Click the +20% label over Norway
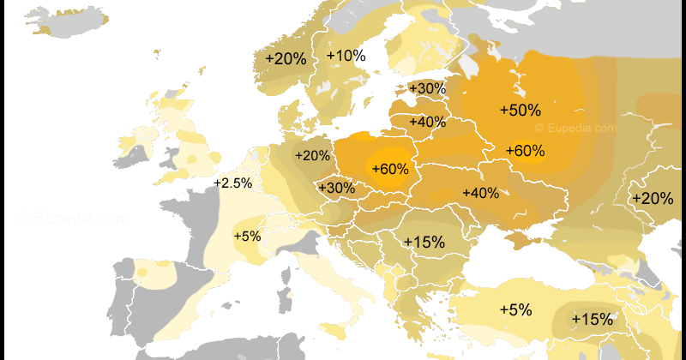tap(286, 58)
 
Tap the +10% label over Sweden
tap(346, 56)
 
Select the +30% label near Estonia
tap(427, 88)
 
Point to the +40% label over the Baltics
tap(427, 122)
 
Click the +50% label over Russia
tap(520, 110)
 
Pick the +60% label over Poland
tap(389, 169)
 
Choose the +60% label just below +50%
tap(525, 151)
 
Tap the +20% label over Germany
tap(312, 156)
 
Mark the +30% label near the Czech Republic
tap(336, 188)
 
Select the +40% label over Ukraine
tap(480, 193)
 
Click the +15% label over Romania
tap(424, 242)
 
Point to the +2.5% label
tap(232, 183)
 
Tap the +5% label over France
tap(247, 236)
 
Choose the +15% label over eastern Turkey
tap(592, 319)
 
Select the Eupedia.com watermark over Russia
tap(575, 128)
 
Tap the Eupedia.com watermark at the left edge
tap(74, 219)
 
